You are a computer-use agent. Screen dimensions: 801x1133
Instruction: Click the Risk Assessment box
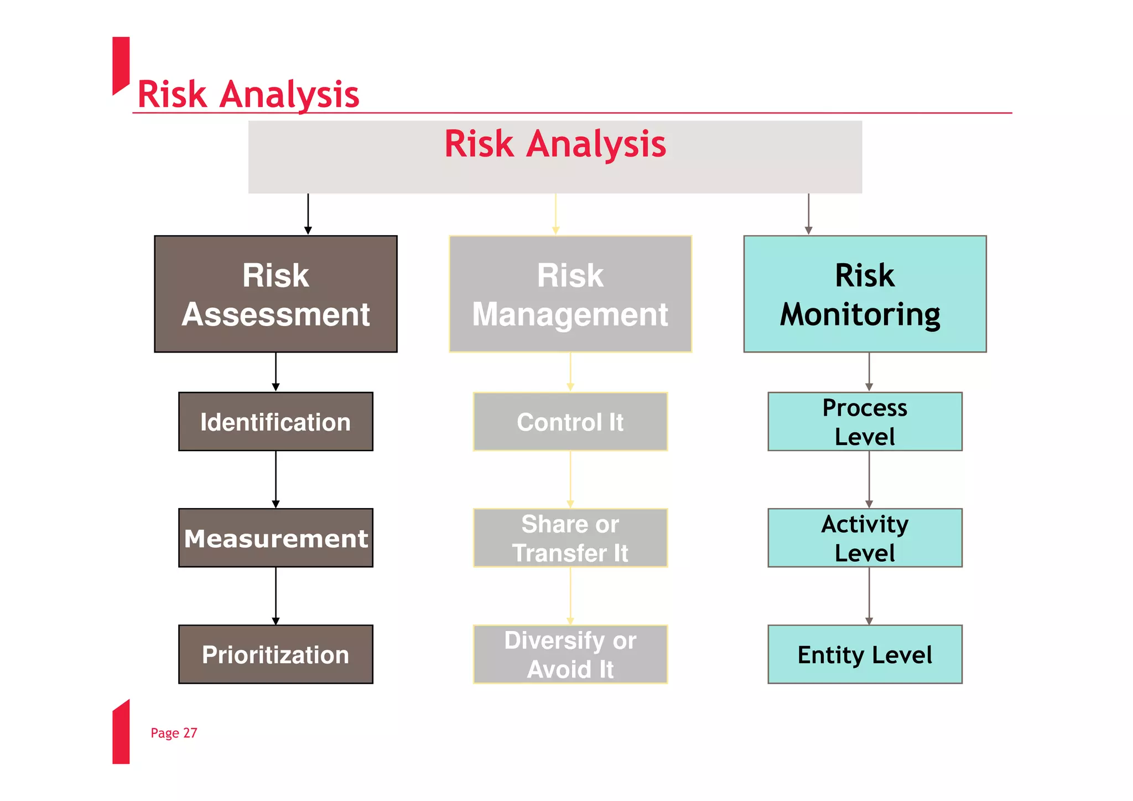pyautogui.click(x=276, y=294)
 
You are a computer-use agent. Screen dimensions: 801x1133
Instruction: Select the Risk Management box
pyautogui.click(x=570, y=294)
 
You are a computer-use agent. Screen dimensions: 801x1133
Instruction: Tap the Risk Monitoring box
pyautogui.click(x=865, y=294)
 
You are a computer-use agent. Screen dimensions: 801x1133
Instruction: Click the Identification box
pyautogui.click(x=276, y=422)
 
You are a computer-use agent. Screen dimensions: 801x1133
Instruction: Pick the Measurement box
pyautogui.click(x=276, y=538)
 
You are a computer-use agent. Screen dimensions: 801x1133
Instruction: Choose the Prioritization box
pyautogui.click(x=276, y=654)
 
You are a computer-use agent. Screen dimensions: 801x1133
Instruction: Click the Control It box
pyautogui.click(x=570, y=422)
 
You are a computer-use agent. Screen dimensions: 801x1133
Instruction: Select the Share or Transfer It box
pyautogui.click(x=570, y=538)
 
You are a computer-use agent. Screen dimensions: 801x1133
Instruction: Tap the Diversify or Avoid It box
pyautogui.click(x=570, y=654)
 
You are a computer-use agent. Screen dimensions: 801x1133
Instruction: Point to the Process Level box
pyautogui.click(x=865, y=422)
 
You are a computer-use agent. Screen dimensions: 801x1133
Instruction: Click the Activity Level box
pyautogui.click(x=865, y=538)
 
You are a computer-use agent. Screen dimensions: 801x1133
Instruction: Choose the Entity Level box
pyautogui.click(x=865, y=654)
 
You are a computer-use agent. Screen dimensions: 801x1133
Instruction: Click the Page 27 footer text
pyautogui.click(x=174, y=733)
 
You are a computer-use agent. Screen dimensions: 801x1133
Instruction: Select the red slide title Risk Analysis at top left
pyautogui.click(x=248, y=94)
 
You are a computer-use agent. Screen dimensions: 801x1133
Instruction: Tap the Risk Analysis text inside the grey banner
pyautogui.click(x=555, y=144)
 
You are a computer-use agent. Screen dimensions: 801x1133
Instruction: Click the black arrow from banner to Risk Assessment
pyautogui.click(x=308, y=214)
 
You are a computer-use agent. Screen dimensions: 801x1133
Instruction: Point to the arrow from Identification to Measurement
pyautogui.click(x=276, y=479)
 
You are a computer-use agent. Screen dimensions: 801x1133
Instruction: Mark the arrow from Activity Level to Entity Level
pyautogui.click(x=869, y=596)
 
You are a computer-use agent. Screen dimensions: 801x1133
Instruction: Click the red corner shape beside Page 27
pyautogui.click(x=121, y=733)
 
